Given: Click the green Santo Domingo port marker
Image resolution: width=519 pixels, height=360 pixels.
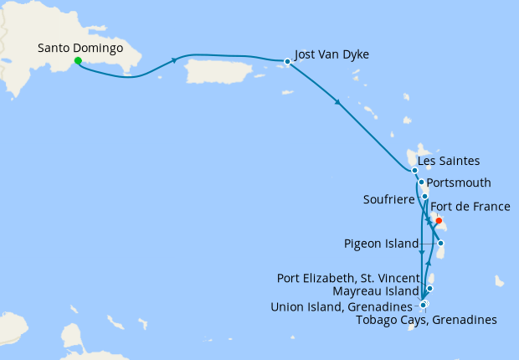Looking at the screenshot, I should click(x=77, y=60).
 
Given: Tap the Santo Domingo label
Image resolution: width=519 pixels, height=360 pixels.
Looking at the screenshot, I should click(x=80, y=47).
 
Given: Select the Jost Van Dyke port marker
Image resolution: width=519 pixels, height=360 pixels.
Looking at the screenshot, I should click(x=287, y=61).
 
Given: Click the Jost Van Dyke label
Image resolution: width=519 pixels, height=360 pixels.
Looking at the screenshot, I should click(x=332, y=54).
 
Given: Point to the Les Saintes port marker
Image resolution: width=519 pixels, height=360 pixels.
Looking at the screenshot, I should click(x=414, y=171).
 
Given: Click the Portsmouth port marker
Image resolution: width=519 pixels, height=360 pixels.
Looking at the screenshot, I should click(x=421, y=182).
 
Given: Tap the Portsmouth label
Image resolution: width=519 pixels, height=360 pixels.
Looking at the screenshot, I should click(x=459, y=183).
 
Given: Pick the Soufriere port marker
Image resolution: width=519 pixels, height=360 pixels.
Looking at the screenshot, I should click(x=425, y=197).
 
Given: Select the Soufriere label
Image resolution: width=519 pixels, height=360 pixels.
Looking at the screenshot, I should click(x=391, y=199).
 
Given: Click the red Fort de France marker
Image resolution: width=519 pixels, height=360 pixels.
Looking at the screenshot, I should click(x=438, y=221).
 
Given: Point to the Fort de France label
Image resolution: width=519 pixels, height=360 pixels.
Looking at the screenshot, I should click(x=470, y=207).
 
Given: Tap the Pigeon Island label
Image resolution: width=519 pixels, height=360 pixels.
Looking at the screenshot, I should click(x=381, y=244).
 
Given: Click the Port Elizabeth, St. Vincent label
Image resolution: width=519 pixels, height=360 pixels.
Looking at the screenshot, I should click(x=347, y=277).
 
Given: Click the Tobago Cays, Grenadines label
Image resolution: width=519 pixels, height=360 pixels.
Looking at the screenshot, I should click(x=426, y=319).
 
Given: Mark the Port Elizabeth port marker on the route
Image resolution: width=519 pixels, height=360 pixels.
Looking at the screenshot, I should click(x=429, y=289).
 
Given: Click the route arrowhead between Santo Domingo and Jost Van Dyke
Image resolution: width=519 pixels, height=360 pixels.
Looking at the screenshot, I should click(x=174, y=59).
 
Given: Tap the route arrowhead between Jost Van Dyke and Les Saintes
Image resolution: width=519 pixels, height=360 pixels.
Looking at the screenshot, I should click(x=337, y=104).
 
